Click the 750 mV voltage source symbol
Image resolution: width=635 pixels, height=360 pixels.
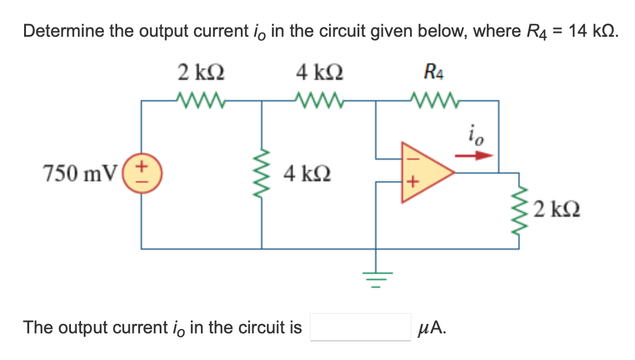[141, 173]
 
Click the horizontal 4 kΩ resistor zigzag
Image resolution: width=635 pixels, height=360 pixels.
[320, 100]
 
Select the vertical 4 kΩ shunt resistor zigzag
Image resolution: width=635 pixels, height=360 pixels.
[262, 173]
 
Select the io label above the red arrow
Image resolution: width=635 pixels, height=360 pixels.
[475, 135]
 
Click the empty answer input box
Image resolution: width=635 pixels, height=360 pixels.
[360, 327]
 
